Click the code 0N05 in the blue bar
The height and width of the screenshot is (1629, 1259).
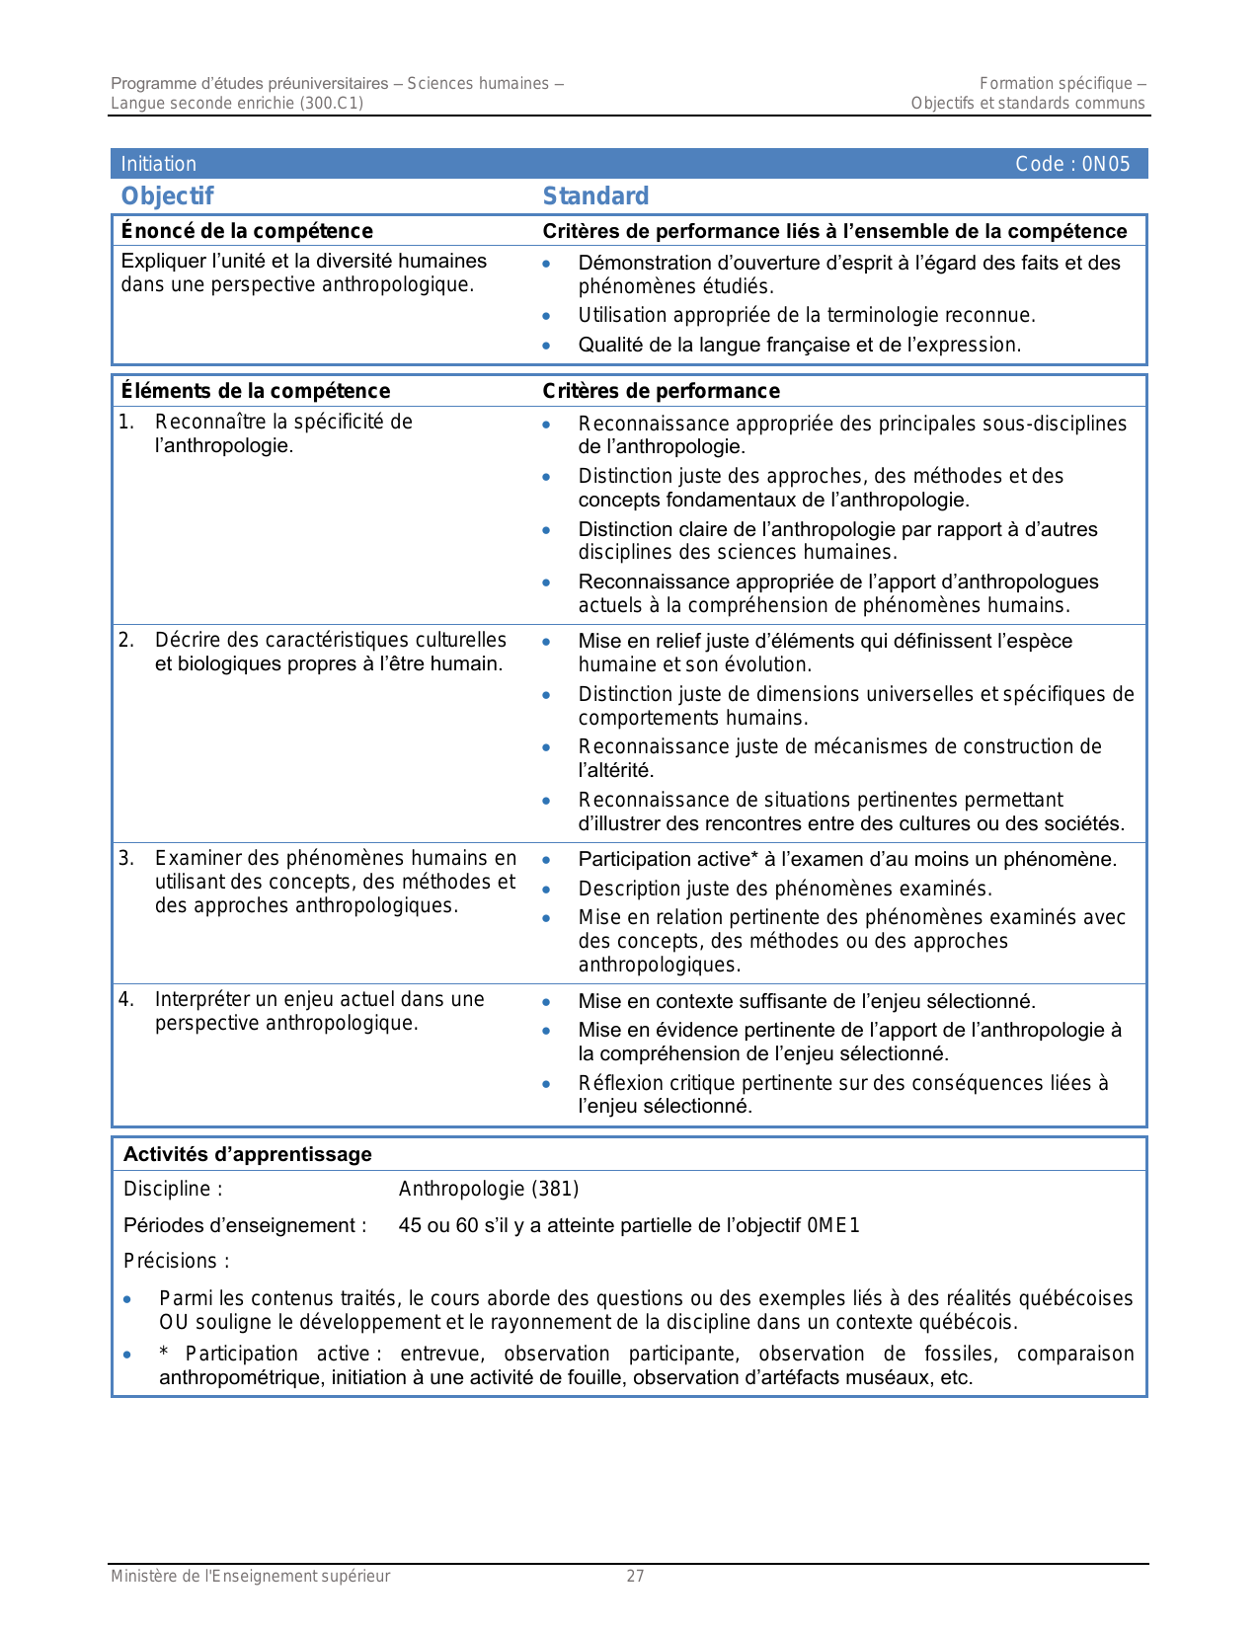pos(1106,164)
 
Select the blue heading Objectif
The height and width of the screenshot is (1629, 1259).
pos(167,195)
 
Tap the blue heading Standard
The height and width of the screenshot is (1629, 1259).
pos(595,195)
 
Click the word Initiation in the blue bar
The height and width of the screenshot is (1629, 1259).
pos(158,164)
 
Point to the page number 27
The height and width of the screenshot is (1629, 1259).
pos(635,1576)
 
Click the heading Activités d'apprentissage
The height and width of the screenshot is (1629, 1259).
pos(247,1154)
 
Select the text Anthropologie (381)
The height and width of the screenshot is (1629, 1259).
pos(489,1189)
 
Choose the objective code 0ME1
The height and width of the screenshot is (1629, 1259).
pos(833,1225)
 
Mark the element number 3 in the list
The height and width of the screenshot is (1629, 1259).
pos(125,858)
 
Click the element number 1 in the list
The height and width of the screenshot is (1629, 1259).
pos(125,422)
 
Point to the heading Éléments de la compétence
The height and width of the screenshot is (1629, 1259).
pos(256,391)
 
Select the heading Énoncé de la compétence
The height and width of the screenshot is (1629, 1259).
pos(247,231)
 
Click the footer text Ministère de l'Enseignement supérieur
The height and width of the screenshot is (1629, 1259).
pos(250,1576)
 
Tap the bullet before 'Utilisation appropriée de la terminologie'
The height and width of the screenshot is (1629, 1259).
pos(546,316)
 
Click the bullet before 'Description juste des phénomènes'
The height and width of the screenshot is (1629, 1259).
pos(546,889)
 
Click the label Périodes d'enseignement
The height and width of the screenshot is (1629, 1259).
pos(244,1225)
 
